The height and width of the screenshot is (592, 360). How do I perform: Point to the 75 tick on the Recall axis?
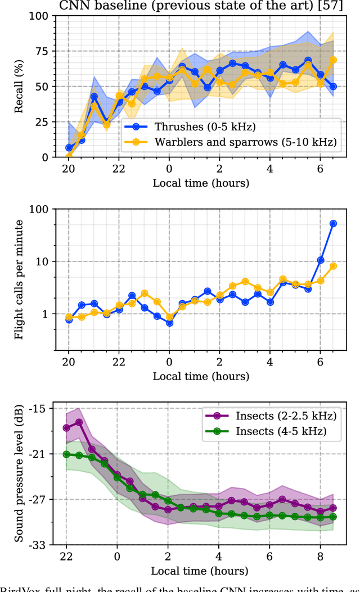pyautogui.click(x=41, y=51)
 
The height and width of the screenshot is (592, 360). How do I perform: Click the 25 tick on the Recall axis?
pyautogui.click(x=41, y=122)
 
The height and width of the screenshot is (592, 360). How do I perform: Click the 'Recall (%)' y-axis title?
pyautogui.click(x=20, y=87)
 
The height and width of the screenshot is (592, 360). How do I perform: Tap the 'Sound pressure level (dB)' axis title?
pyautogui.click(x=20, y=476)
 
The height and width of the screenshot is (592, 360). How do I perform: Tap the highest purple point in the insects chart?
pyautogui.click(x=79, y=422)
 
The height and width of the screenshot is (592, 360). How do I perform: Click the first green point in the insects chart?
pyautogui.click(x=67, y=454)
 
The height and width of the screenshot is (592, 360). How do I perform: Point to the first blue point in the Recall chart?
pyautogui.click(x=69, y=148)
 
